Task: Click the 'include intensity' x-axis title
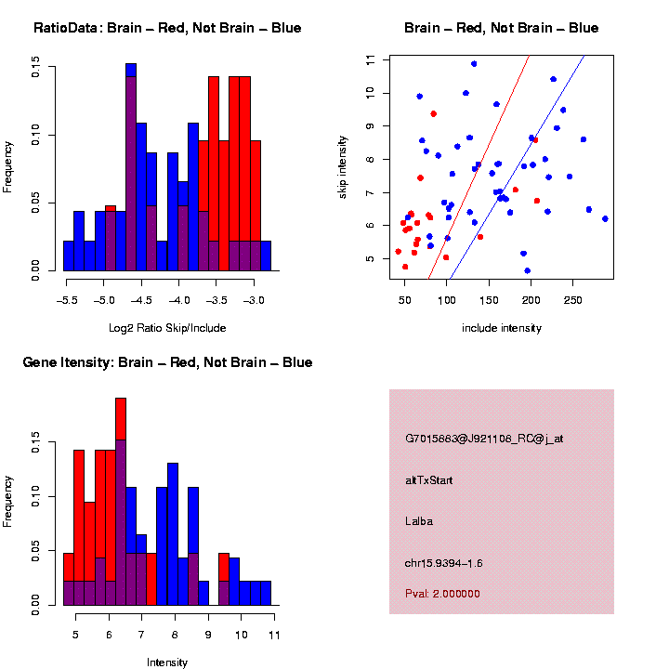click(x=502, y=327)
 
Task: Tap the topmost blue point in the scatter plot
click(x=474, y=64)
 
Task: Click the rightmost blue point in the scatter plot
click(x=605, y=218)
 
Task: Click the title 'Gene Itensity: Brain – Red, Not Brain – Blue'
click(x=167, y=362)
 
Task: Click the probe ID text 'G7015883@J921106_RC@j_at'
click(x=484, y=439)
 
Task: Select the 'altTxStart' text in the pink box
click(x=429, y=480)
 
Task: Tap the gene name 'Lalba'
click(x=419, y=521)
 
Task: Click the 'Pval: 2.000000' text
click(x=442, y=593)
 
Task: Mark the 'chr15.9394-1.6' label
click(x=444, y=563)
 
